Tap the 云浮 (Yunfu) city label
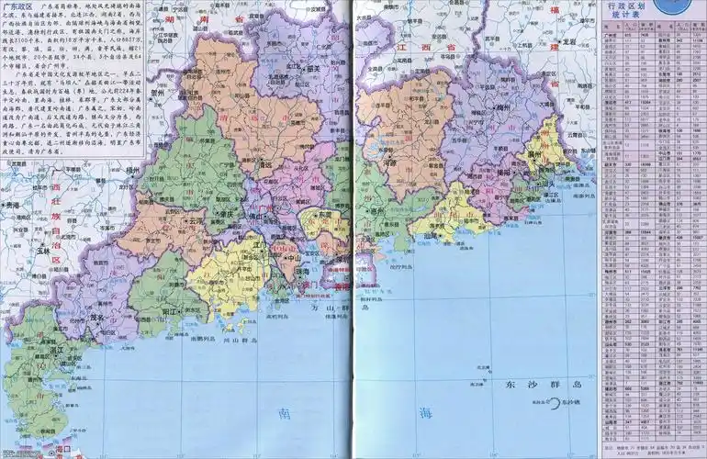(x=196, y=221)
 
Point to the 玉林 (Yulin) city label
(x=39, y=249)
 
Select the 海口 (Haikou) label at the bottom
(x=63, y=452)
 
